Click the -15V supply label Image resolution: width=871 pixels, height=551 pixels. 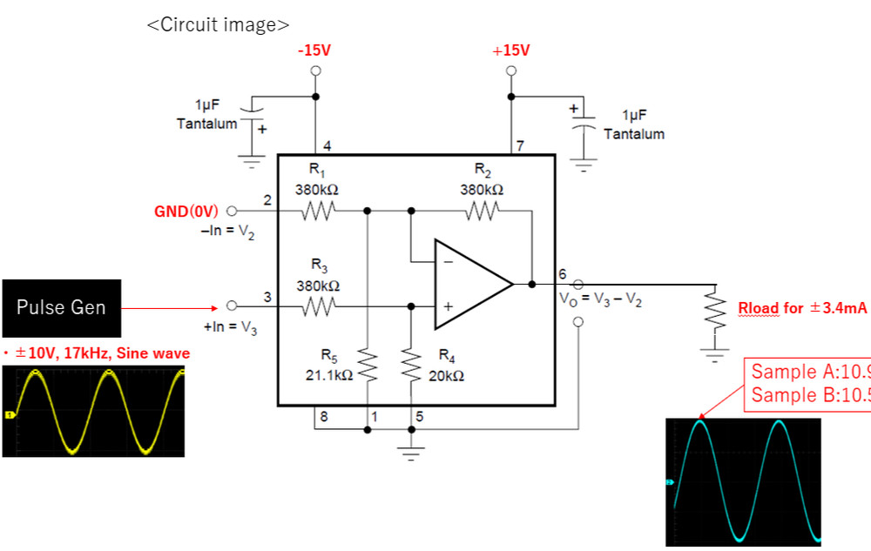tap(314, 50)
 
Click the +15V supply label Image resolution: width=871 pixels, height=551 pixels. tap(511, 50)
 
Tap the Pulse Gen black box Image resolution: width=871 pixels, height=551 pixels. tap(61, 307)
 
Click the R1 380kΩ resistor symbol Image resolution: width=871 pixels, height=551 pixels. tap(318, 211)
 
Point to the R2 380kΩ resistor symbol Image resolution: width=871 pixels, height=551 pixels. tap(482, 211)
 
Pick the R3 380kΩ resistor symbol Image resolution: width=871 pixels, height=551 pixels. tap(318, 306)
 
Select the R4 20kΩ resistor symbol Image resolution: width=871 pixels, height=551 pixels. tap(411, 366)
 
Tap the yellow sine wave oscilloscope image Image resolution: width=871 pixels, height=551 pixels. tap(94, 412)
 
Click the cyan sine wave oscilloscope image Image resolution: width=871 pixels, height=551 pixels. tap(743, 481)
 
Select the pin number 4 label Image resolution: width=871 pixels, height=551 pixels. tap(327, 145)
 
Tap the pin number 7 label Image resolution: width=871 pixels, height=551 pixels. tap(520, 145)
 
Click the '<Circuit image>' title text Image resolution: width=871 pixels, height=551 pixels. tap(218, 24)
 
